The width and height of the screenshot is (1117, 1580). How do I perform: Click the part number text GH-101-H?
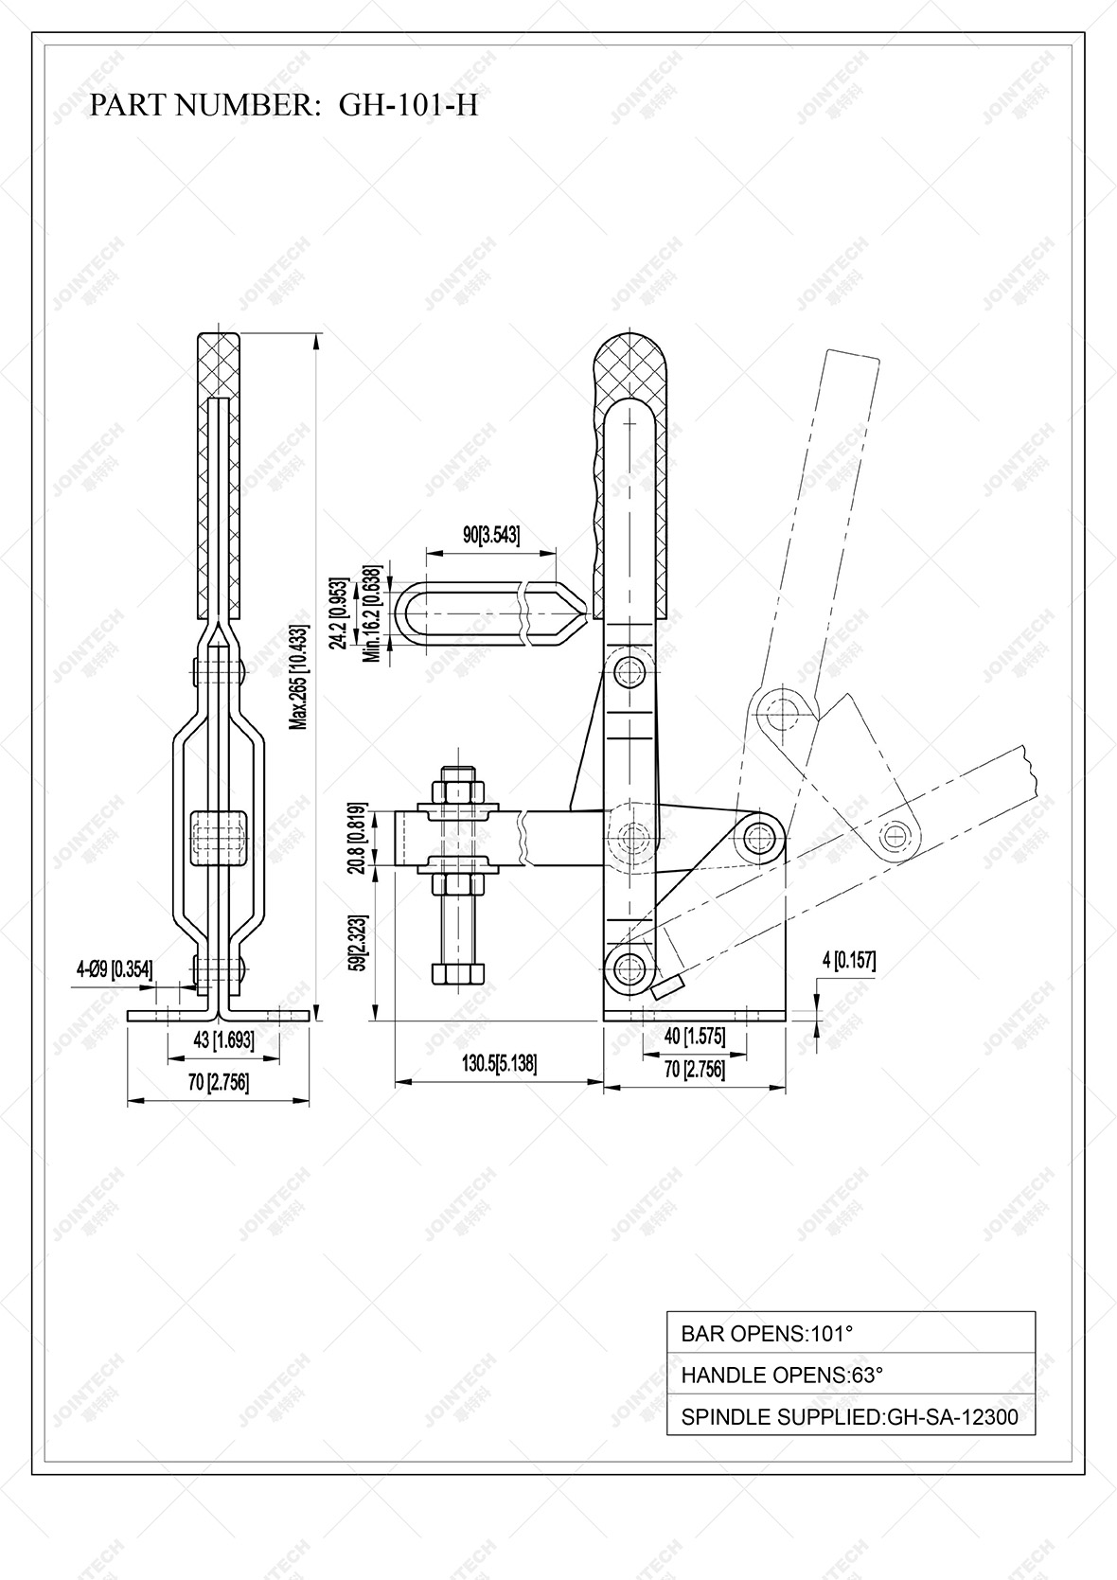click(408, 105)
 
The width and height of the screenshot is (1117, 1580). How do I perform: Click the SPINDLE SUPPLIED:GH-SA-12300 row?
click(850, 1417)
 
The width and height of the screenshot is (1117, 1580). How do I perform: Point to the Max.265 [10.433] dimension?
click(300, 676)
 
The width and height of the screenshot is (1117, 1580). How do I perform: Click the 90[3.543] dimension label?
click(490, 535)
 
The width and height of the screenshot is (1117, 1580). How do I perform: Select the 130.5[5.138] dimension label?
click(499, 1063)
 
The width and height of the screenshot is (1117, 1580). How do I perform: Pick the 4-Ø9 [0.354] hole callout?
click(114, 968)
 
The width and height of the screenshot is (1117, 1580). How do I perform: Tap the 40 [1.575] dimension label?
click(694, 1037)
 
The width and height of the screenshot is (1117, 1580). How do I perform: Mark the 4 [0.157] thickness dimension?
click(848, 961)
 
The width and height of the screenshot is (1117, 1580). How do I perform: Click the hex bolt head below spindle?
click(460, 975)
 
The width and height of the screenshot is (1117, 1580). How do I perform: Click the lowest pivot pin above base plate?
click(628, 968)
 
